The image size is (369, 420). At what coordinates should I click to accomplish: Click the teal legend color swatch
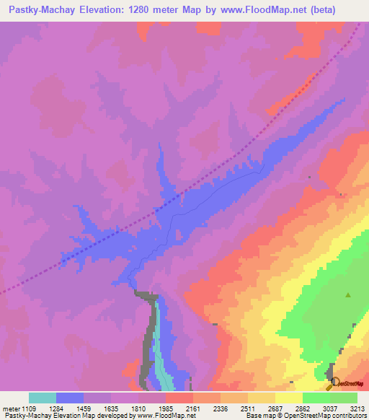point(43,398)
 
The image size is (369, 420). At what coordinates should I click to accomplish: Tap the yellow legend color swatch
point(288,398)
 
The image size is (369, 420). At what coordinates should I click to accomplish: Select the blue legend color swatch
point(70,398)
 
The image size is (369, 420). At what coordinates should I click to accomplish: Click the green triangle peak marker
point(349,294)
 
